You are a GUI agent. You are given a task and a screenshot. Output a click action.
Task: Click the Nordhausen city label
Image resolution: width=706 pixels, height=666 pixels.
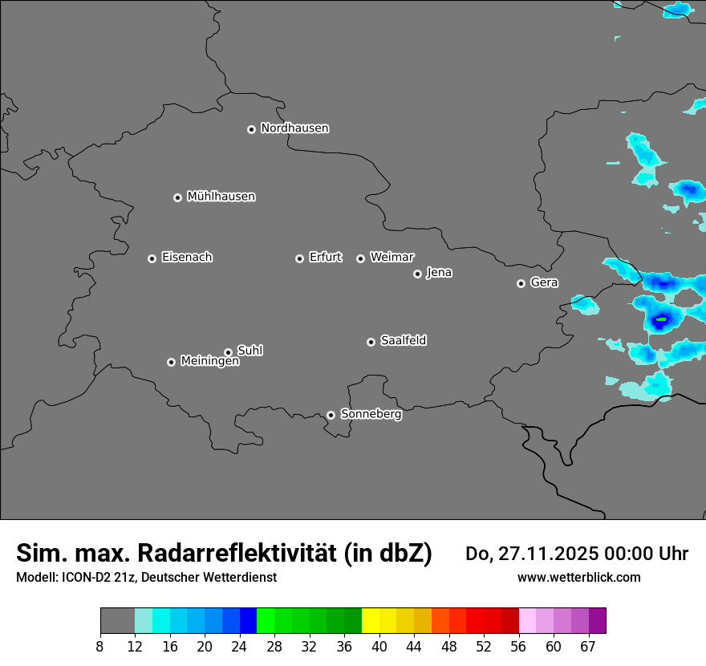(294, 128)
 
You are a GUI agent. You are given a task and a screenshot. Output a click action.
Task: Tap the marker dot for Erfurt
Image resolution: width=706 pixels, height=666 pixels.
(299, 258)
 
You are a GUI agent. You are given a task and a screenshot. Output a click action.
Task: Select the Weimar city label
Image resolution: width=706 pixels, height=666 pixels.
(392, 258)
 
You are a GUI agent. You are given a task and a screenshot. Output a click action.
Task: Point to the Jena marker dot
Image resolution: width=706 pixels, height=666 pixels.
(417, 274)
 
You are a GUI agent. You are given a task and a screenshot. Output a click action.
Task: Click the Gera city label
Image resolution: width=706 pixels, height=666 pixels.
(544, 282)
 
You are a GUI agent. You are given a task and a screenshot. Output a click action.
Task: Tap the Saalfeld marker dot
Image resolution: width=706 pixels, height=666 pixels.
(371, 342)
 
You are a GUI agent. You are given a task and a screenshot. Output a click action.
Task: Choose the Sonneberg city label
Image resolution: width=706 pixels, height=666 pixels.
(371, 414)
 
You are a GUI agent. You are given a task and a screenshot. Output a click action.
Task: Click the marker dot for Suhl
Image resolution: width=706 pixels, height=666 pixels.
(228, 352)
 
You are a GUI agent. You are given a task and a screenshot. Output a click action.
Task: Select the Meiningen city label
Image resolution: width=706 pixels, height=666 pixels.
(209, 362)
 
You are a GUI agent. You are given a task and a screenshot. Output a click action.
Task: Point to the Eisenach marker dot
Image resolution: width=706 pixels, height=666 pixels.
(152, 258)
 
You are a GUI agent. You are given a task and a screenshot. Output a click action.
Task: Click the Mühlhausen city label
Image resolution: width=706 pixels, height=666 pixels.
(221, 197)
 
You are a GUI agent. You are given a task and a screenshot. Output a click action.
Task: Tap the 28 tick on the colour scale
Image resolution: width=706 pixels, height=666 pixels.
(274, 647)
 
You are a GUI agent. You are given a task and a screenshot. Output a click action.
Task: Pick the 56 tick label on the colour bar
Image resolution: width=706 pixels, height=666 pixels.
(518, 647)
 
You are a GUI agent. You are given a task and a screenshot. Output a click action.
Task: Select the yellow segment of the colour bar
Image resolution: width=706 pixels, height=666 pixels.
(370, 621)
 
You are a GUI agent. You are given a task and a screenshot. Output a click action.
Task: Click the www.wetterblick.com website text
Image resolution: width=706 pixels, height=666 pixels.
(579, 577)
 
